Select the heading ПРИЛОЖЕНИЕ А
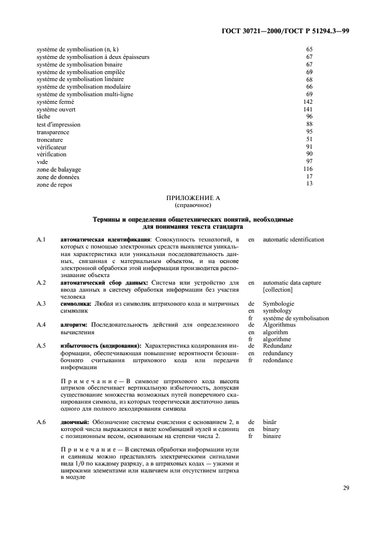coord(193,198)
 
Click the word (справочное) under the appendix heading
coord(193,205)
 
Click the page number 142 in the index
coord(308,101)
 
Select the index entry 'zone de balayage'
coord(58,169)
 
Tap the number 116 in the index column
coord(308,169)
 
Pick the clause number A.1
coord(41,240)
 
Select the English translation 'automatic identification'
coord(293,240)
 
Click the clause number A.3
coord(41,304)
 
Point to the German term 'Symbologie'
coord(279,304)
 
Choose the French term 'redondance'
coord(278,360)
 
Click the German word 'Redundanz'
coord(278,346)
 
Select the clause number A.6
coord(41,421)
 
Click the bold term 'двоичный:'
coord(75,421)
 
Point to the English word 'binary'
coord(272,429)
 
